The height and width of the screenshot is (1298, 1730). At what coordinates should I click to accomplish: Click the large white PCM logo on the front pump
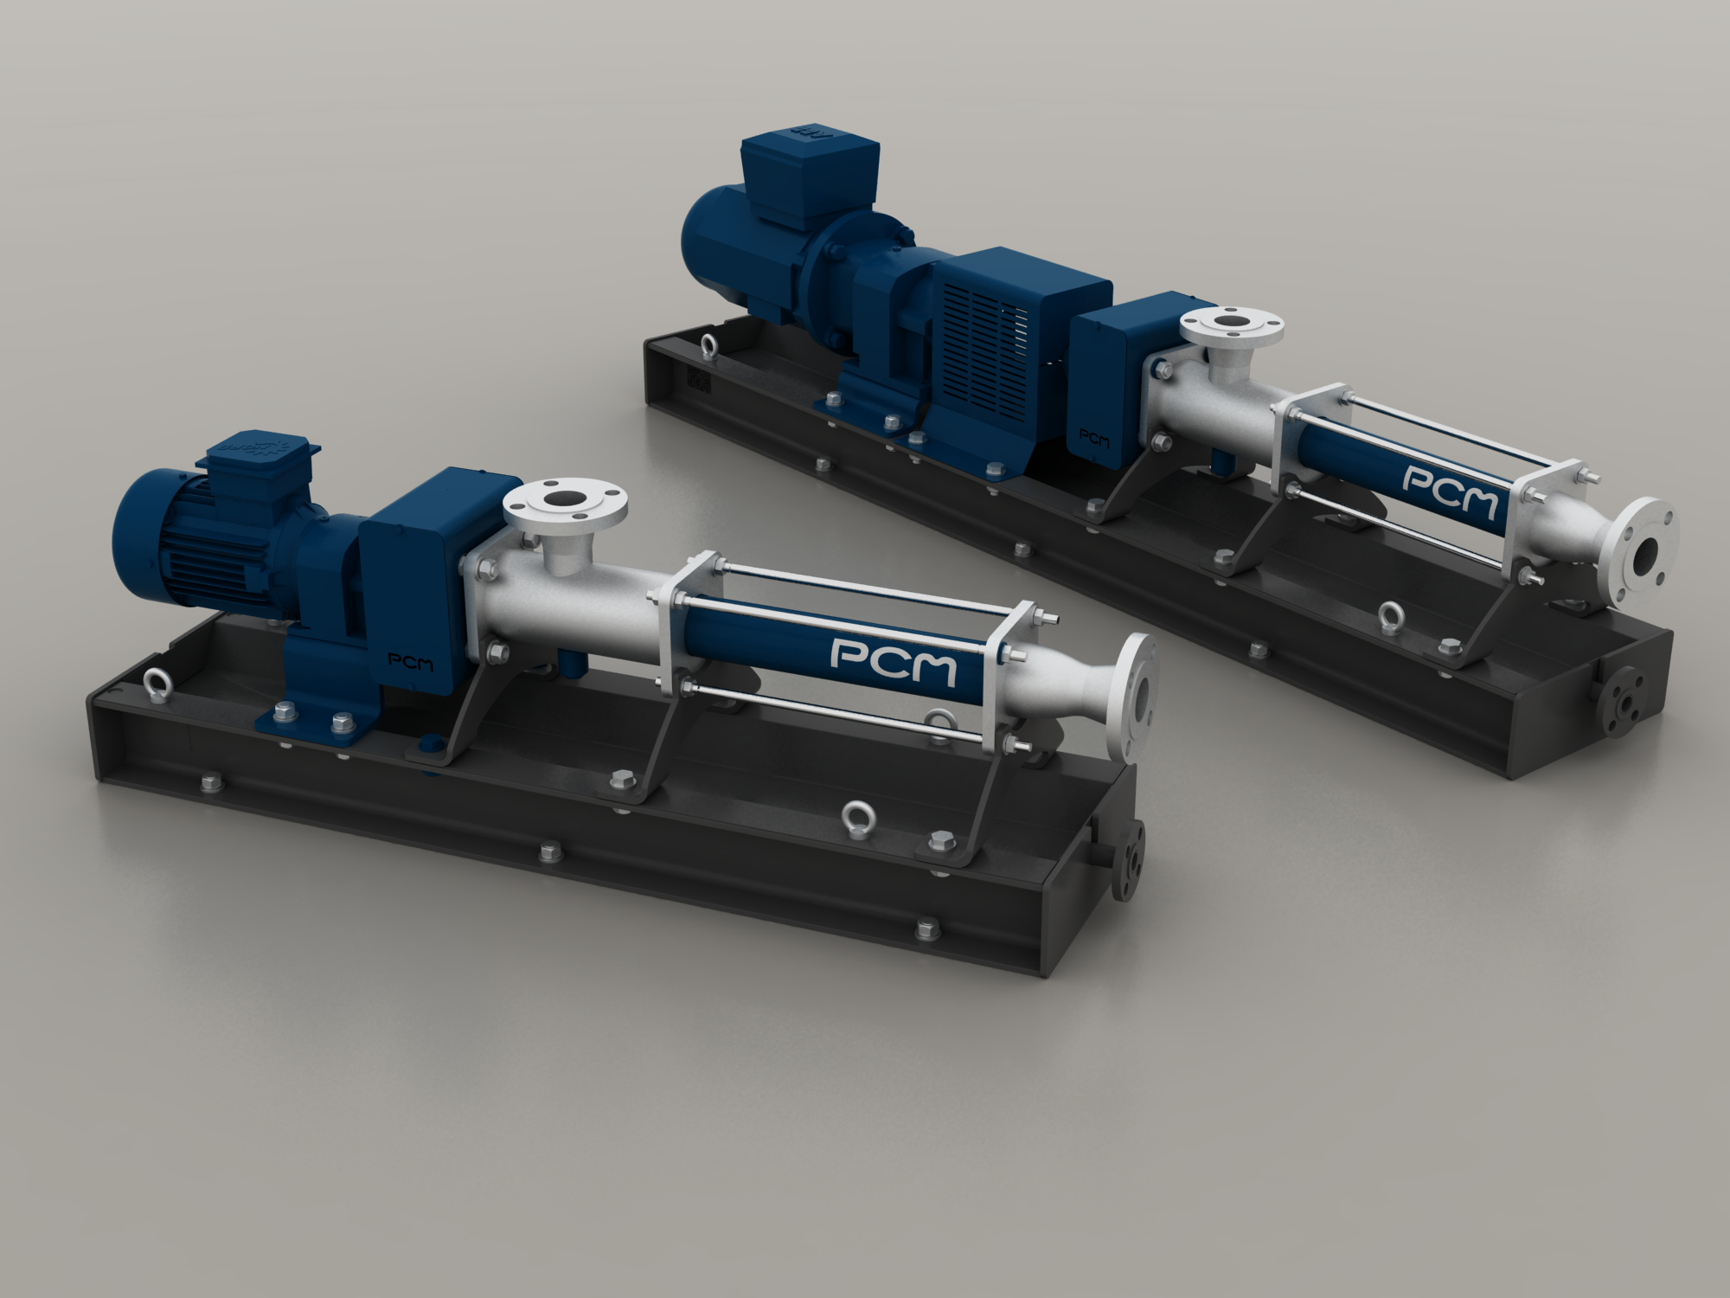click(x=894, y=660)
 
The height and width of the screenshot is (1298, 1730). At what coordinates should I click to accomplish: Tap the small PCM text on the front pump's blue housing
click(x=411, y=663)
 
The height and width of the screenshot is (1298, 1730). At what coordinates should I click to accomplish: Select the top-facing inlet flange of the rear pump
click(x=1232, y=327)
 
